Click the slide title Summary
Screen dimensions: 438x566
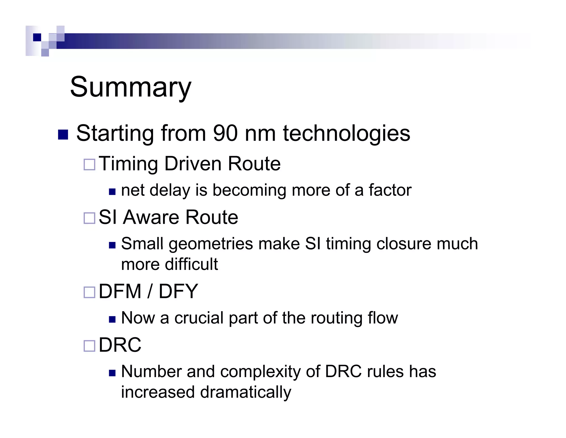tap(130, 87)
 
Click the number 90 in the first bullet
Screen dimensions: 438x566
tap(225, 133)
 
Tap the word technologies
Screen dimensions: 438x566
tap(347, 133)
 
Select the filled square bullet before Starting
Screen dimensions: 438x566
tap(63, 135)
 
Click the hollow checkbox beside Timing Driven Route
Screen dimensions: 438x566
tap(90, 164)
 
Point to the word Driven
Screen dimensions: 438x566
tap(193, 164)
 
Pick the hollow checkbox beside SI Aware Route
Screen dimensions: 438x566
tap(90, 218)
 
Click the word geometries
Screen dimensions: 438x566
tap(211, 244)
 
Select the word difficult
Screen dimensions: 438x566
tap(191, 264)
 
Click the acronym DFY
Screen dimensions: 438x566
tap(178, 292)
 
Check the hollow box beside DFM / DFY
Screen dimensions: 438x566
tap(90, 292)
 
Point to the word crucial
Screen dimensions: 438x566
tap(199, 318)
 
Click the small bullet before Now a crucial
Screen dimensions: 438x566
tap(112, 320)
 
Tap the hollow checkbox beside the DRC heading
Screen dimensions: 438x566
tap(90, 346)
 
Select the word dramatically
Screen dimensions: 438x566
tap(245, 392)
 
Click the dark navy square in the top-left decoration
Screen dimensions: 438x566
tap(37, 37)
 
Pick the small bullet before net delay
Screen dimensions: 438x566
tap(112, 192)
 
